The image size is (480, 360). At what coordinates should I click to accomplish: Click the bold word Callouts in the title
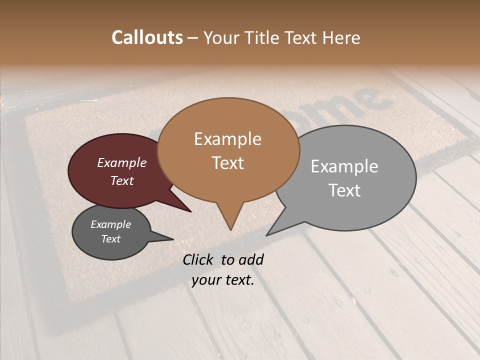147,38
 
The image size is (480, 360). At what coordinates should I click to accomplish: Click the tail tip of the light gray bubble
267,234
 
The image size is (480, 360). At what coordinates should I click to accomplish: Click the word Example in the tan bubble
227,139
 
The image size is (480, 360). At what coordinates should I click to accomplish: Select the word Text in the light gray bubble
344,190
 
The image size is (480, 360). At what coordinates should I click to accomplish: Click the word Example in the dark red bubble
122,163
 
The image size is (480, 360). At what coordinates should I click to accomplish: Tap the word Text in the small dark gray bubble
111,239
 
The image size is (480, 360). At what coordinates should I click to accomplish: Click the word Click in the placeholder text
198,260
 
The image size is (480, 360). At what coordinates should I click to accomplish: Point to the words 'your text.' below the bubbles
223,280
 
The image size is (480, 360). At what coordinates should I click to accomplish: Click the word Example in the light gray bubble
344,166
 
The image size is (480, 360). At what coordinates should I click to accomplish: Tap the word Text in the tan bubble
228,163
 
